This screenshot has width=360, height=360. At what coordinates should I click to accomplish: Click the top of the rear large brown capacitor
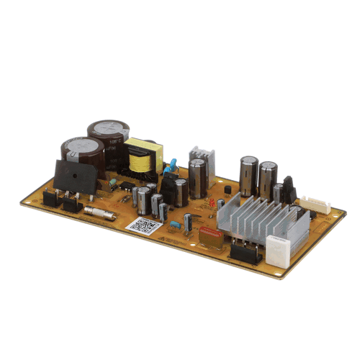pos(109,130)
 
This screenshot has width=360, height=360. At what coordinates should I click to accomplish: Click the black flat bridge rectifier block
pos(75,177)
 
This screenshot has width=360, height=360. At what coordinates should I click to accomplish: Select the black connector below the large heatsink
pos(245,251)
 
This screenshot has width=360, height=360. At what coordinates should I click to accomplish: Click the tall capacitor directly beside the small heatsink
pos(197,179)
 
